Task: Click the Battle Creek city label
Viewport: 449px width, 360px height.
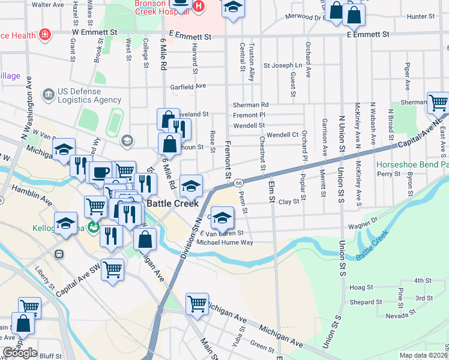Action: coord(173,203)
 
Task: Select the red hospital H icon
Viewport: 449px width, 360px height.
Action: coord(198,7)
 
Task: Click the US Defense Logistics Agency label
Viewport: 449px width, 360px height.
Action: coord(82,95)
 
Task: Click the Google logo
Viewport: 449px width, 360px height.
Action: coord(20,353)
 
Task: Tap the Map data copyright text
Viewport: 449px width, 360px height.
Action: coord(423,355)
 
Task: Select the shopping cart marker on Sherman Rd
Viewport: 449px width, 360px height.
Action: coord(438,103)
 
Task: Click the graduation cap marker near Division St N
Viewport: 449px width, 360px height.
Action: coord(191,186)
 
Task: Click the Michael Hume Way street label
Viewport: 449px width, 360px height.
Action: coord(225,242)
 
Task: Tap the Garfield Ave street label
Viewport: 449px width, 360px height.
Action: coord(188,86)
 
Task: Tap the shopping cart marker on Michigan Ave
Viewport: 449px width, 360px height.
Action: coord(197,304)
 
